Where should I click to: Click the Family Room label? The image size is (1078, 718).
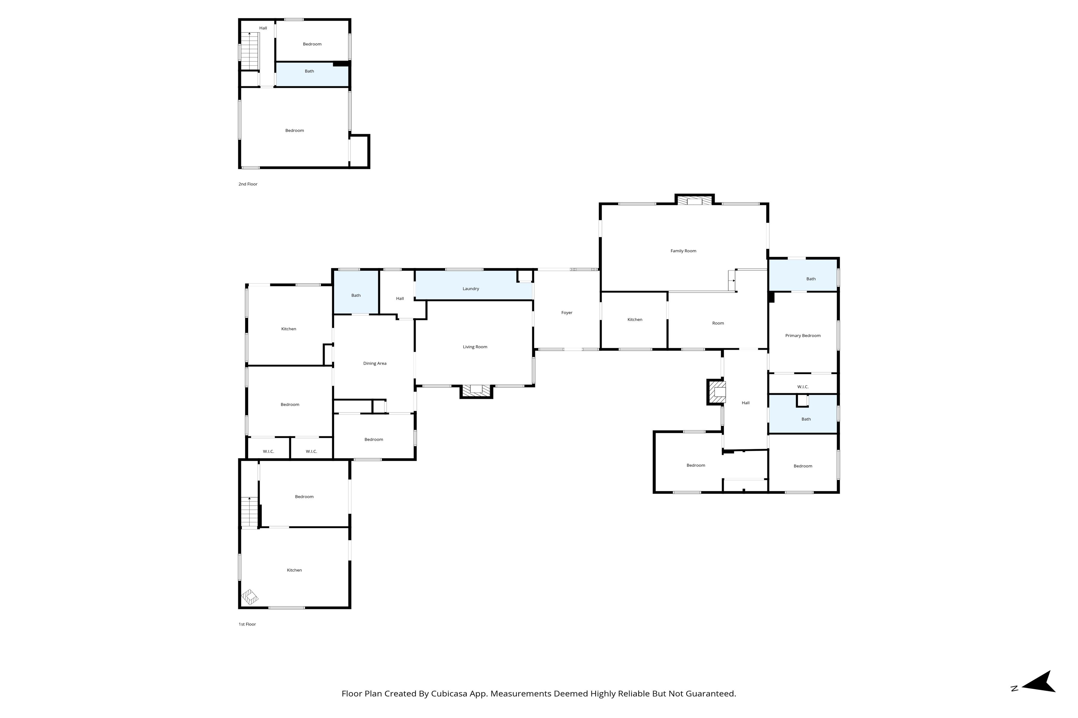683,251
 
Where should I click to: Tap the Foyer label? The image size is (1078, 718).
567,313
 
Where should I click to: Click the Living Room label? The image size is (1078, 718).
475,347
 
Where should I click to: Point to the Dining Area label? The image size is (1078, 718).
375,363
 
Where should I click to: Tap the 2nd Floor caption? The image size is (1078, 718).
248,184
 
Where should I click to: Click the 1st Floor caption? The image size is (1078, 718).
247,624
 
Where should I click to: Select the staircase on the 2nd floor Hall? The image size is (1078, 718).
250,51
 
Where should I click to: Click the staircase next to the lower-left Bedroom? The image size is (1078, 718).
250,512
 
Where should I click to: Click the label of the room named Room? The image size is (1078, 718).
718,323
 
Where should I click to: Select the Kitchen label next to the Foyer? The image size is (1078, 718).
635,320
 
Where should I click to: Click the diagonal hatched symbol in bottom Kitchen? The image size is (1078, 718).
250,597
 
